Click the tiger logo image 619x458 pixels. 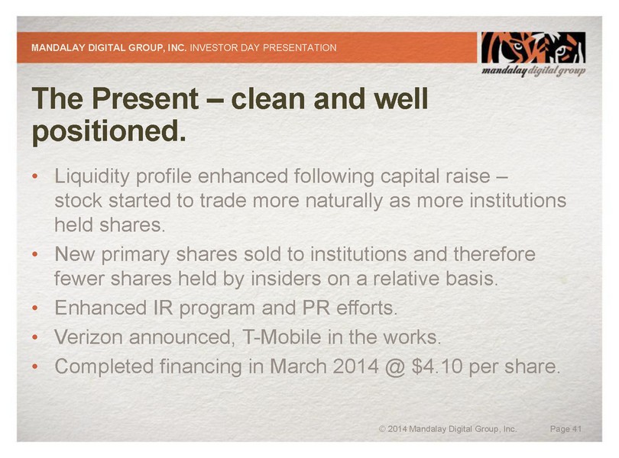(533, 47)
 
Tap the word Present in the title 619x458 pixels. (145, 98)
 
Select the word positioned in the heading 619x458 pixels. (109, 131)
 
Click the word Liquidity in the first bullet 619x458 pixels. (92, 176)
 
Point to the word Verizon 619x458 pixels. (89, 337)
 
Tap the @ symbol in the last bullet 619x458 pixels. (395, 367)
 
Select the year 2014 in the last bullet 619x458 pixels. (355, 366)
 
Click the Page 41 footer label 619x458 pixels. (566, 429)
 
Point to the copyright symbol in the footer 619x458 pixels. (382, 429)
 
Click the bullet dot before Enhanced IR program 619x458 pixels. (35, 308)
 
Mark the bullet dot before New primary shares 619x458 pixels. (35, 254)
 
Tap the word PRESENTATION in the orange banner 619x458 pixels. (300, 48)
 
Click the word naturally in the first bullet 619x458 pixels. (344, 201)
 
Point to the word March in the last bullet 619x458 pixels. (299, 366)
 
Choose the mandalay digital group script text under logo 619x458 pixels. (533, 71)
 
